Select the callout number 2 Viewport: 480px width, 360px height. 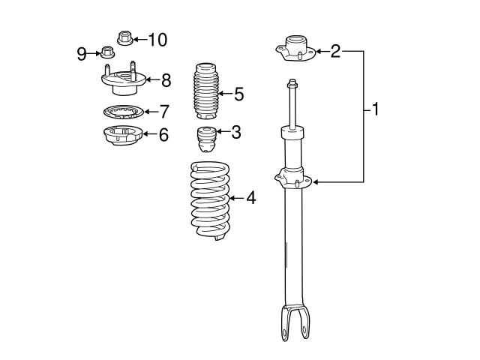(x=335, y=51)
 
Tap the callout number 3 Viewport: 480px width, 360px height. (x=235, y=133)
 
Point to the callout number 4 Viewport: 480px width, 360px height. (x=250, y=198)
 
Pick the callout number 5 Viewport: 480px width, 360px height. (x=238, y=94)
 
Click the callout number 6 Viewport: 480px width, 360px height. (x=163, y=135)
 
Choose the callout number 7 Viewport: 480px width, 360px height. (x=163, y=112)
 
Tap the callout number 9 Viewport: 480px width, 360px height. (x=82, y=52)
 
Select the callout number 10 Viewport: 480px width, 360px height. (x=157, y=38)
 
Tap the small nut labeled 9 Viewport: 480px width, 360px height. (x=107, y=52)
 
